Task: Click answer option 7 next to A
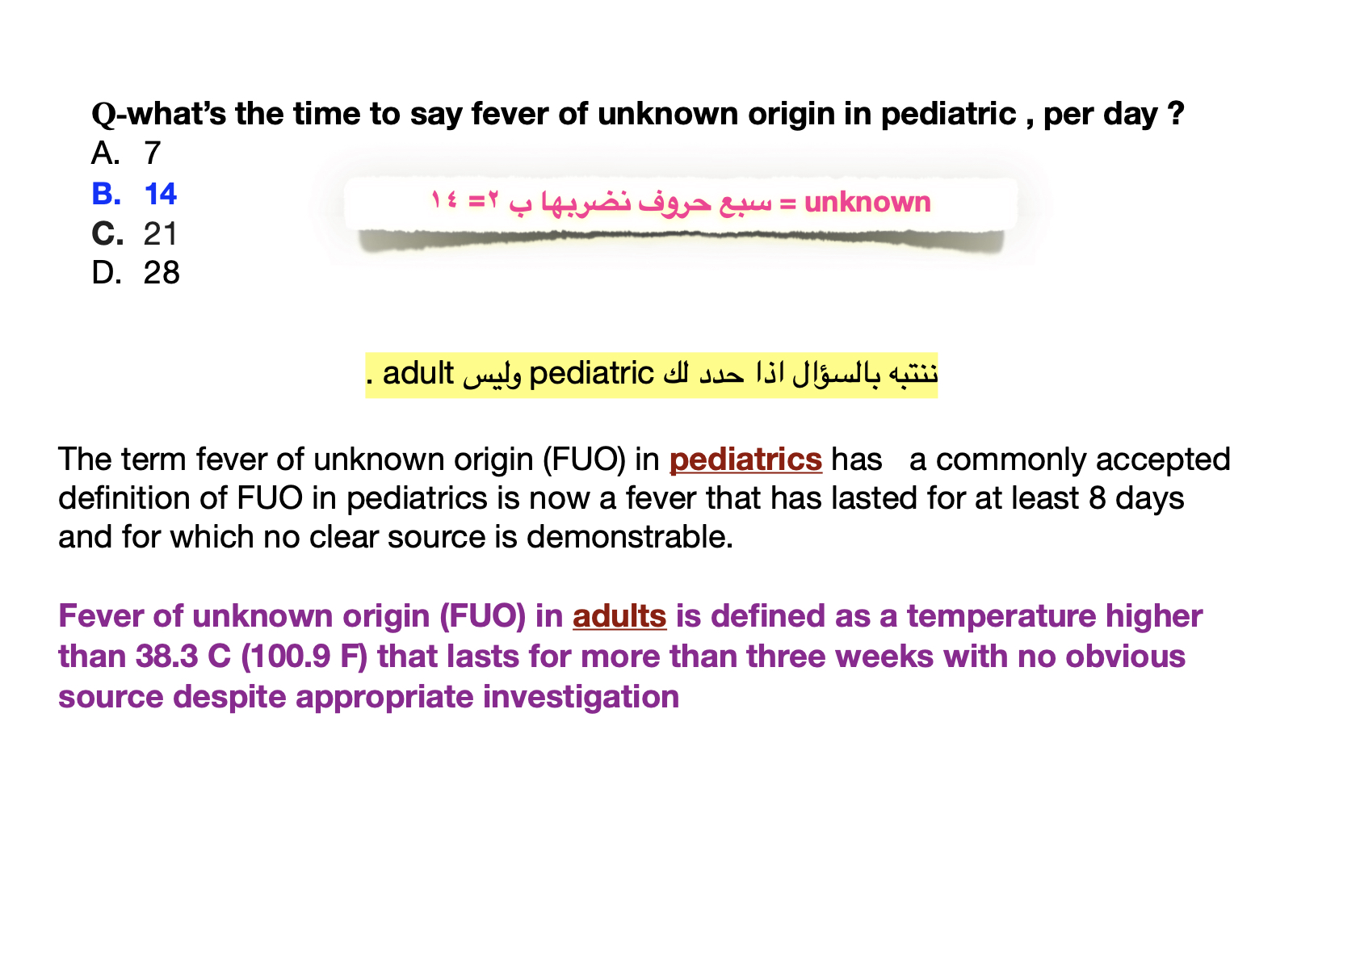pyautogui.click(x=153, y=153)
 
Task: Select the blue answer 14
pyautogui.click(x=160, y=194)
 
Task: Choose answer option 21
pyautogui.click(x=160, y=233)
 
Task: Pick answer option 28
pyautogui.click(x=162, y=273)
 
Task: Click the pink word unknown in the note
pyautogui.click(x=867, y=202)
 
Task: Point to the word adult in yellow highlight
pyautogui.click(x=418, y=373)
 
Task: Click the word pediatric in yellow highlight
pyautogui.click(x=591, y=374)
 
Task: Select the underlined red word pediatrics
pyautogui.click(x=745, y=460)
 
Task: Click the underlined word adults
pyautogui.click(x=619, y=616)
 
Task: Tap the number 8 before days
pyautogui.click(x=1097, y=498)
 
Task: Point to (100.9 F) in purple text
pyautogui.click(x=304, y=657)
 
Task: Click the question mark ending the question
pyautogui.click(x=1175, y=114)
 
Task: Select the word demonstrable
pyautogui.click(x=630, y=537)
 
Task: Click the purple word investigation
pyautogui.click(x=581, y=697)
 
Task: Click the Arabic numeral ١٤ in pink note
pyautogui.click(x=444, y=199)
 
